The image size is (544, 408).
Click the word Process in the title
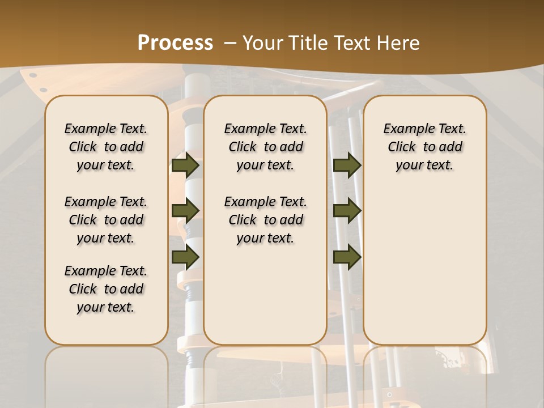[175, 42]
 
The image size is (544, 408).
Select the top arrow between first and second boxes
[185, 165]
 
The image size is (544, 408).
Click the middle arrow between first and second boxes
[185, 211]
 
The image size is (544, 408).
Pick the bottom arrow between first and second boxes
[185, 257]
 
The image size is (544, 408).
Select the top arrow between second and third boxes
[347, 165]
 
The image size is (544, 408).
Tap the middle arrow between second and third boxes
[347, 211]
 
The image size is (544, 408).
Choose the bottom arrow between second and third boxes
[347, 257]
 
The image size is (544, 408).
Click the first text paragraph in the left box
[106, 147]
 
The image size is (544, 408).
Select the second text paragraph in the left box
[106, 220]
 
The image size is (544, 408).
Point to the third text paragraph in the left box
[106, 289]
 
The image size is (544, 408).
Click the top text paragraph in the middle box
[265, 147]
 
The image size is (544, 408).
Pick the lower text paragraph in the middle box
[265, 220]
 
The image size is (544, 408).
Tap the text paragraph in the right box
[424, 147]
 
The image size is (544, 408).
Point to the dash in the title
[230, 42]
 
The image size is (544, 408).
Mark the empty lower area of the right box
[424, 266]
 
